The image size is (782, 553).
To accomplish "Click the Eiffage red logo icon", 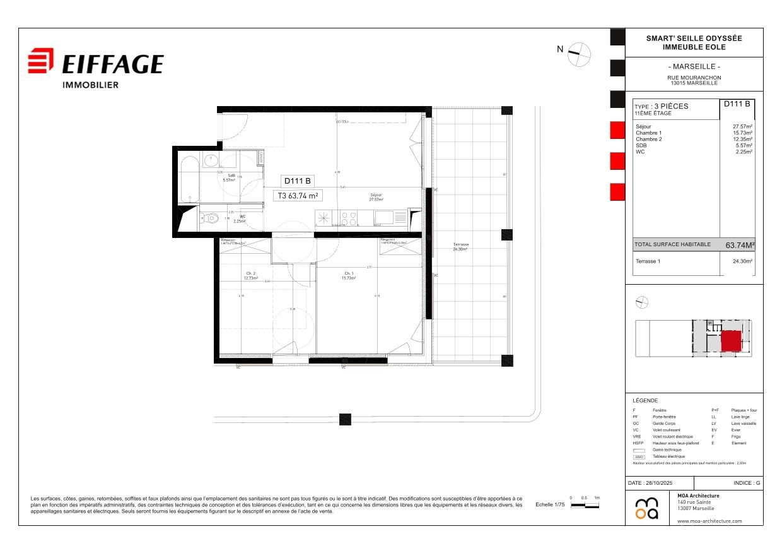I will [41, 62].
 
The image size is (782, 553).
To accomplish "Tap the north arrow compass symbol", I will [579, 54].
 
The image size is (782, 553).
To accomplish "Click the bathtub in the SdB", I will [189, 179].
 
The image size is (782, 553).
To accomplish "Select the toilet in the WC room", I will [209, 219].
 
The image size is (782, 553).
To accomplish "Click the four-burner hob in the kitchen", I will [349, 218].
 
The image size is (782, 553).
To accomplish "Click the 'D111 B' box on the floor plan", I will [297, 181].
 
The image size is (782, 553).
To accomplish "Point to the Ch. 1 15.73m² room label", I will [348, 276].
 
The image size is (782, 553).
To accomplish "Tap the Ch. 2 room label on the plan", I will [250, 276].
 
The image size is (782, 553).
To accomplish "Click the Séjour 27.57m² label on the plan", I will [376, 197].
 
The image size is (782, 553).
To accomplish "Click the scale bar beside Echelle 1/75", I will [585, 506].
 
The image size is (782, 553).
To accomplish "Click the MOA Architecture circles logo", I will [646, 509].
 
